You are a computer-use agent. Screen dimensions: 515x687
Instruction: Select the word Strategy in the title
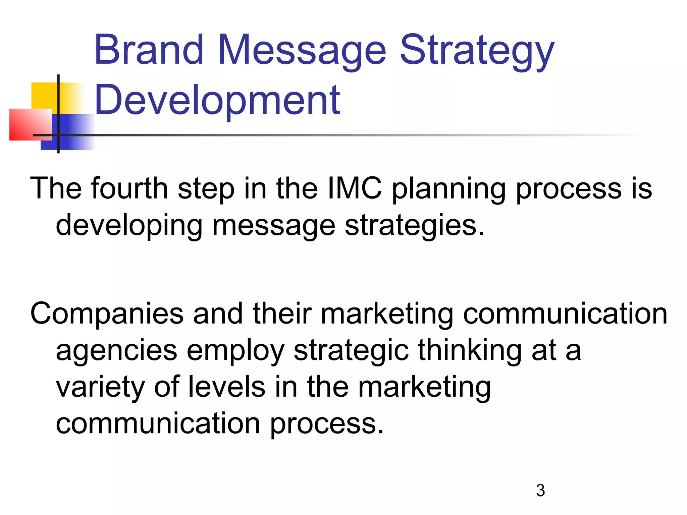(x=477, y=52)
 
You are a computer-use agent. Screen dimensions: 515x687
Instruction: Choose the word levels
(x=227, y=387)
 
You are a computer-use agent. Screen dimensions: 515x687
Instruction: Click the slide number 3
(x=540, y=491)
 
